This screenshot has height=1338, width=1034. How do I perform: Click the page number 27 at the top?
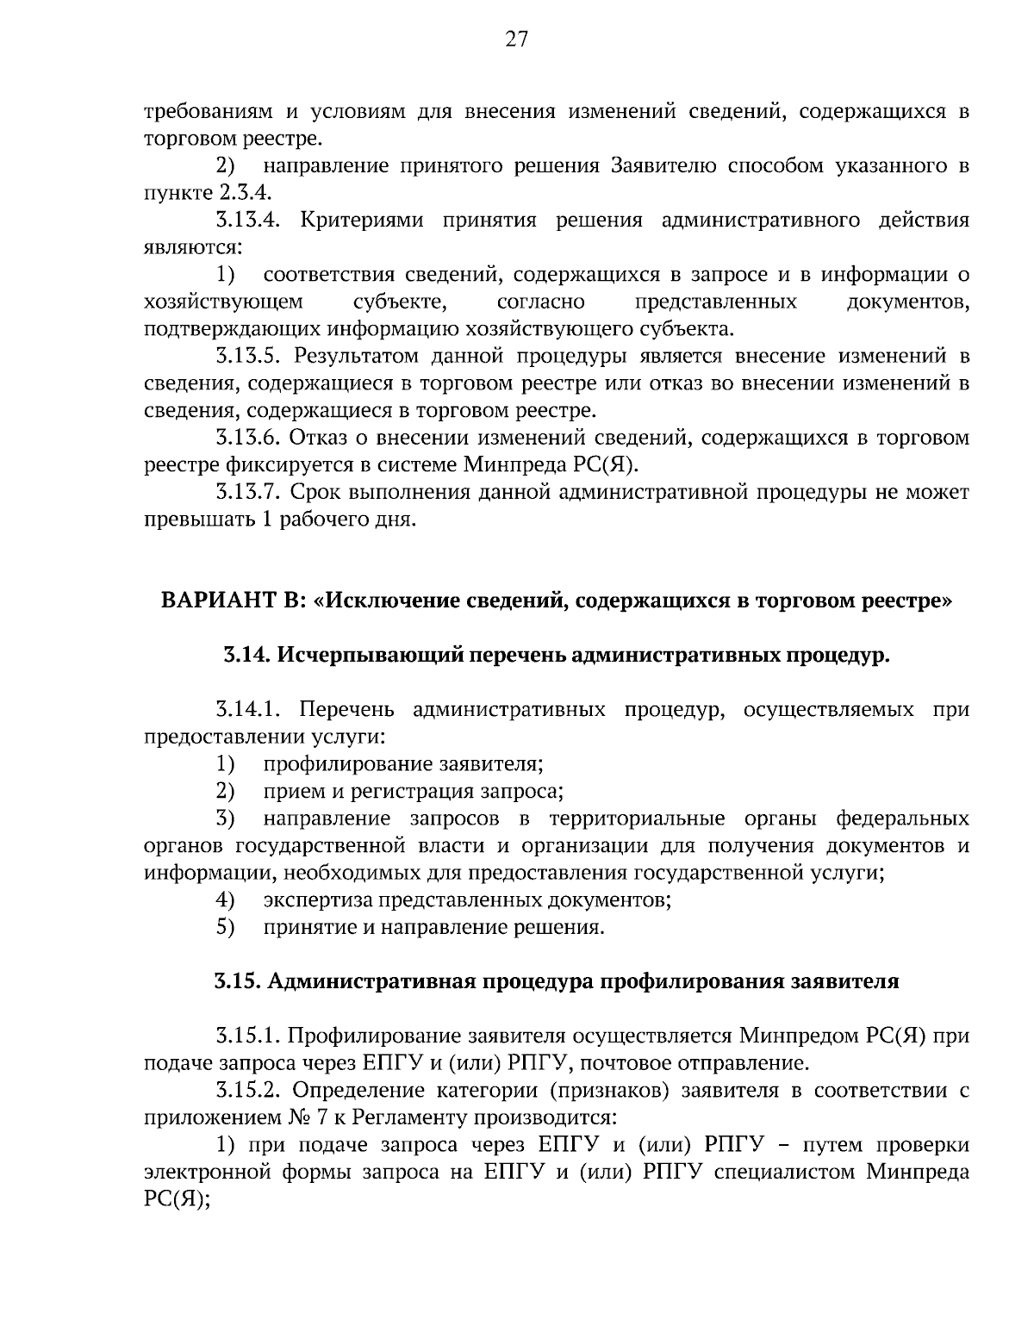pos(517,40)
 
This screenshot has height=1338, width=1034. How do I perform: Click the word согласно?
pos(541,302)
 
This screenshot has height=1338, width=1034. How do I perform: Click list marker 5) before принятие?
pos(225,928)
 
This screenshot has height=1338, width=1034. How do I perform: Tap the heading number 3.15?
pos(237,982)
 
